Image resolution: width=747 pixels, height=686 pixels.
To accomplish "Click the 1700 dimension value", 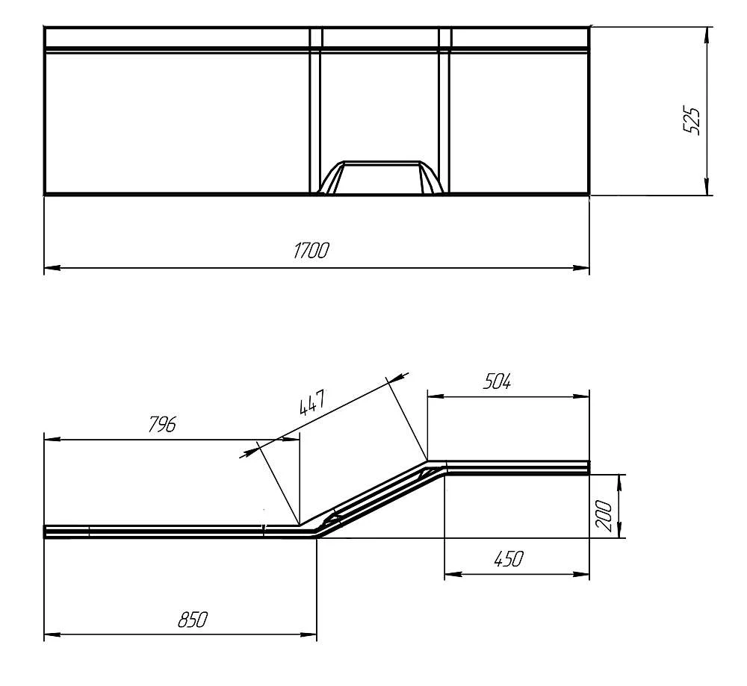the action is pos(311,250).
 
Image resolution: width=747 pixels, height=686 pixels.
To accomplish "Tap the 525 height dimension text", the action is pos(692,121).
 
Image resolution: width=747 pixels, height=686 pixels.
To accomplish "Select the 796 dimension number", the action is pos(162,424).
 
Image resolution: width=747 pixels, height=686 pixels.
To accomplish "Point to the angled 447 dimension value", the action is pos(312,402).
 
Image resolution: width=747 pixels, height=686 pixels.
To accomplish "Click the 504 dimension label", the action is pos(497,381).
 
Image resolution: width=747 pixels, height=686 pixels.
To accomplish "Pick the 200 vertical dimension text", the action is pos(604,516).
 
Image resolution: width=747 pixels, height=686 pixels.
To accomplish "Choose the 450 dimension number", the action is pos(508,558).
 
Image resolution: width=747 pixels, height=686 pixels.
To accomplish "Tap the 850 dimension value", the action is pos(193,620).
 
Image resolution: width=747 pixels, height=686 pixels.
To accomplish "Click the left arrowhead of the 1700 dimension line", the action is pos(52,268).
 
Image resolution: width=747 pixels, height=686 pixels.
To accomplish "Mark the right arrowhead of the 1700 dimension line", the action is pos(582,268).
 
